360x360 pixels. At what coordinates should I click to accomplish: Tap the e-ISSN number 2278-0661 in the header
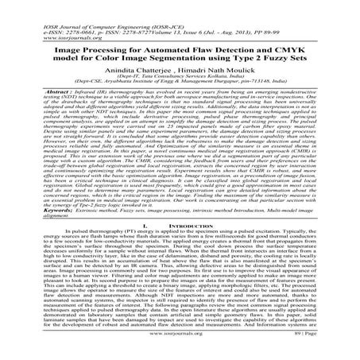(x=50, y=10)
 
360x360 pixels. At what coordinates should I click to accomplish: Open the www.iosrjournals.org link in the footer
(x=180, y=347)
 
